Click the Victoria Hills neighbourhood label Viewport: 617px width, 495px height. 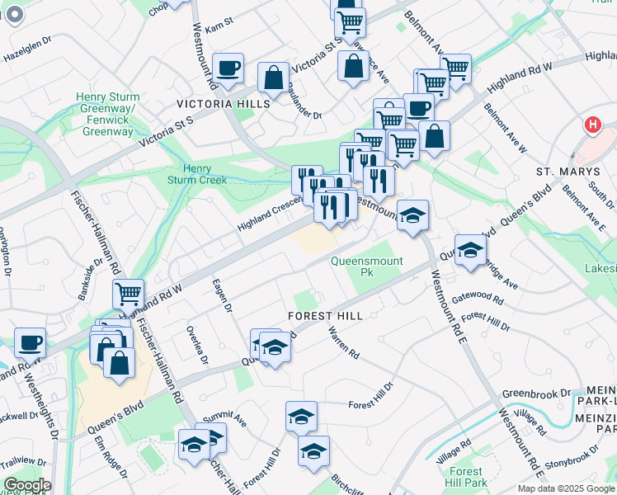tap(223, 104)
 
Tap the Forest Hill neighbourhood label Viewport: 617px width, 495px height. tap(325, 316)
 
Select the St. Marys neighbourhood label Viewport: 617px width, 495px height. tap(566, 172)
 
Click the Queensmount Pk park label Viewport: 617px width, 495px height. tap(366, 266)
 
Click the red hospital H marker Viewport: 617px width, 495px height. tap(591, 126)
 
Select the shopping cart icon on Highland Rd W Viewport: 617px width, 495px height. tap(128, 293)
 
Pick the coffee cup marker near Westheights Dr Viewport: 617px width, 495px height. tap(31, 342)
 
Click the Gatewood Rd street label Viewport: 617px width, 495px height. tap(477, 298)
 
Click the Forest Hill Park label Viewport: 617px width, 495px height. tap(466, 476)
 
